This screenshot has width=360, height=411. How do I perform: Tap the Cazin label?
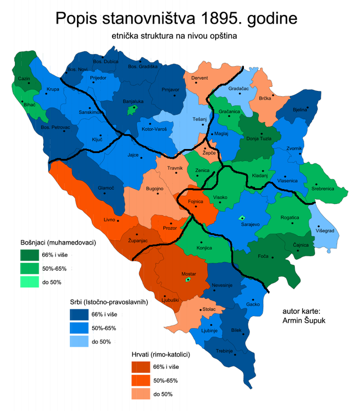[24, 79]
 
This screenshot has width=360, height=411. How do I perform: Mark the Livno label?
[109, 219]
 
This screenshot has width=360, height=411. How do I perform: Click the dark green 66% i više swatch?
[32, 255]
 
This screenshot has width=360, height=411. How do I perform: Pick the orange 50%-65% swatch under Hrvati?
[144, 381]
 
